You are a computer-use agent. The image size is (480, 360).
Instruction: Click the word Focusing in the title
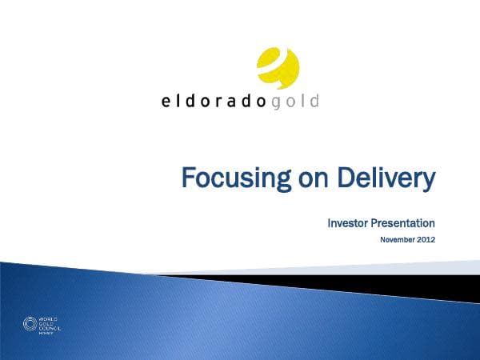[228, 178]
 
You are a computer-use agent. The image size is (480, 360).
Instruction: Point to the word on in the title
[298, 178]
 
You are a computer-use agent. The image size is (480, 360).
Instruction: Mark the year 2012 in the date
[426, 239]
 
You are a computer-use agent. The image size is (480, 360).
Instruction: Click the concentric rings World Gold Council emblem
[30, 324]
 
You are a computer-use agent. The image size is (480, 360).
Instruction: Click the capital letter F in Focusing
[187, 178]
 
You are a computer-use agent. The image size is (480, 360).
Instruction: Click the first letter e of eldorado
[165, 102]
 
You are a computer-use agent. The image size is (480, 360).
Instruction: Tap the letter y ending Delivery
[428, 180]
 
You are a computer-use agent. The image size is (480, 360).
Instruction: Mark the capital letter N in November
[382, 239]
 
